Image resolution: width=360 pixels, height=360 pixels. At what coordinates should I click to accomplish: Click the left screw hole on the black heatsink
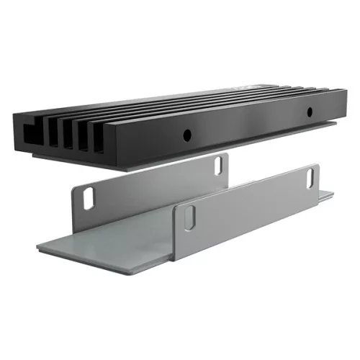tap(186, 134)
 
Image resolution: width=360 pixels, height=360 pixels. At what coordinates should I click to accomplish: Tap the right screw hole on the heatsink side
tap(310, 112)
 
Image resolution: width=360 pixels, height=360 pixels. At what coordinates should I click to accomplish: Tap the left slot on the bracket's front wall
tap(189, 218)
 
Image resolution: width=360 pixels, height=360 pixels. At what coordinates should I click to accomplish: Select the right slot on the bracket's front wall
tap(312, 177)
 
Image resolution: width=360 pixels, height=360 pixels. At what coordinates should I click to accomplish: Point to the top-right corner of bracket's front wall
tap(317, 166)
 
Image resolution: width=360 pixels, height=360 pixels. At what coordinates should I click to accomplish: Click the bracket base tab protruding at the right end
tap(325, 194)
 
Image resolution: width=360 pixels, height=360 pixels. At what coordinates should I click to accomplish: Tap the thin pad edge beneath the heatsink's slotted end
tap(65, 163)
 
